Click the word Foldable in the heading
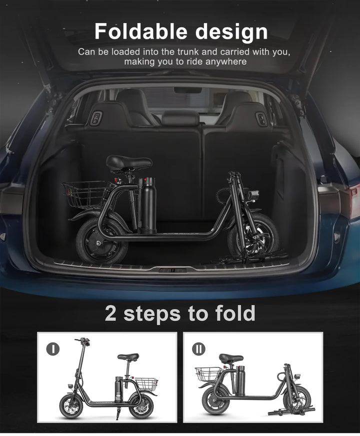[139, 32]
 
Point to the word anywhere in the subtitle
[224, 62]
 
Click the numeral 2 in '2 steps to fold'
[111, 313]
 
